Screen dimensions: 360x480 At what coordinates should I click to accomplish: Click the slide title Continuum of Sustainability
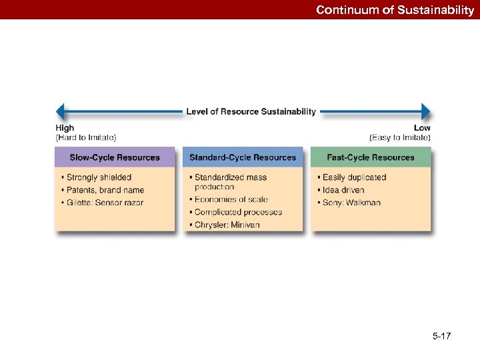tap(395, 10)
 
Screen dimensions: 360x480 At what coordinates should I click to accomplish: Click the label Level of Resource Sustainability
tap(251, 111)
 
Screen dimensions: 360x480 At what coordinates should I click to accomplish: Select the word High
tap(65, 128)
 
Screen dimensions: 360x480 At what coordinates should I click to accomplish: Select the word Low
tap(422, 128)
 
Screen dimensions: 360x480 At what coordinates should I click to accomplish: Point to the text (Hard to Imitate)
tap(85, 137)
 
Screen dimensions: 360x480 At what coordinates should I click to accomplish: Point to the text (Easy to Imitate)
tap(400, 137)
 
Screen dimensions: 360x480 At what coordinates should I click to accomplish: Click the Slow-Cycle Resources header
tap(115, 157)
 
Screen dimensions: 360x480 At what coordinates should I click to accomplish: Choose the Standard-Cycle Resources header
tap(243, 157)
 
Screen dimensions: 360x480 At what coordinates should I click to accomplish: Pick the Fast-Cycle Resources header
tap(371, 157)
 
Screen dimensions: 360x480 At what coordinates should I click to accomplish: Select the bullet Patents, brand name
tap(105, 190)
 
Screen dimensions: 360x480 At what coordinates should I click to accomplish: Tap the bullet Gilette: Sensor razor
tap(105, 203)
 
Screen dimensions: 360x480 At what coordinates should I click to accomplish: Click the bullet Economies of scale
tap(231, 199)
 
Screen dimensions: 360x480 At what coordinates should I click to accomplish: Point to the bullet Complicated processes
tap(238, 212)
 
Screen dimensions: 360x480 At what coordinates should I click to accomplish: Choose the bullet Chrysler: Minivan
tap(227, 225)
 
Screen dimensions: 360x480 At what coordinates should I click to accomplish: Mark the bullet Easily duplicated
tap(354, 177)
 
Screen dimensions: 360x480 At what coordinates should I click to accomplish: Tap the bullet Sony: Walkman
tap(351, 203)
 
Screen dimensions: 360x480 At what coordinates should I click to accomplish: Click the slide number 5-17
tap(441, 336)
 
